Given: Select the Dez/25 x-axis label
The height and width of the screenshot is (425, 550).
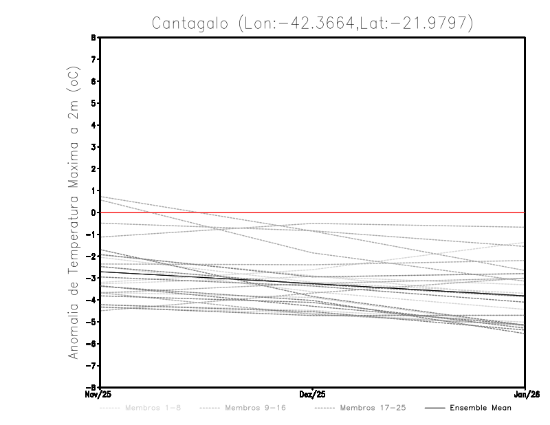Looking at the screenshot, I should click(x=313, y=393).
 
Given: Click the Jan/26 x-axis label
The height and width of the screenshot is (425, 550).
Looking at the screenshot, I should click(x=526, y=393).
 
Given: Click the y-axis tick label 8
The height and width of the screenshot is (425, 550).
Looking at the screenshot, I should click(x=93, y=38).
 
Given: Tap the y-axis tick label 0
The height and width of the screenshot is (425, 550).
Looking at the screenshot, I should click(x=93, y=212).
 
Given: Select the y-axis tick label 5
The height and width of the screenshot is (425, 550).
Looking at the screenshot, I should click(x=93, y=103).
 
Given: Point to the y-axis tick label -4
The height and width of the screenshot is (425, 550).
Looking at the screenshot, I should click(x=91, y=300).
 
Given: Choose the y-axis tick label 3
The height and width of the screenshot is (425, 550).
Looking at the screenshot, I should click(x=93, y=147).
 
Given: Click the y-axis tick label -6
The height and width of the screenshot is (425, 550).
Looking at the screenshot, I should click(x=91, y=344).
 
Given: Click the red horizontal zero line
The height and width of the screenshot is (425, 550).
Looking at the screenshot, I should click(x=412, y=212).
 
